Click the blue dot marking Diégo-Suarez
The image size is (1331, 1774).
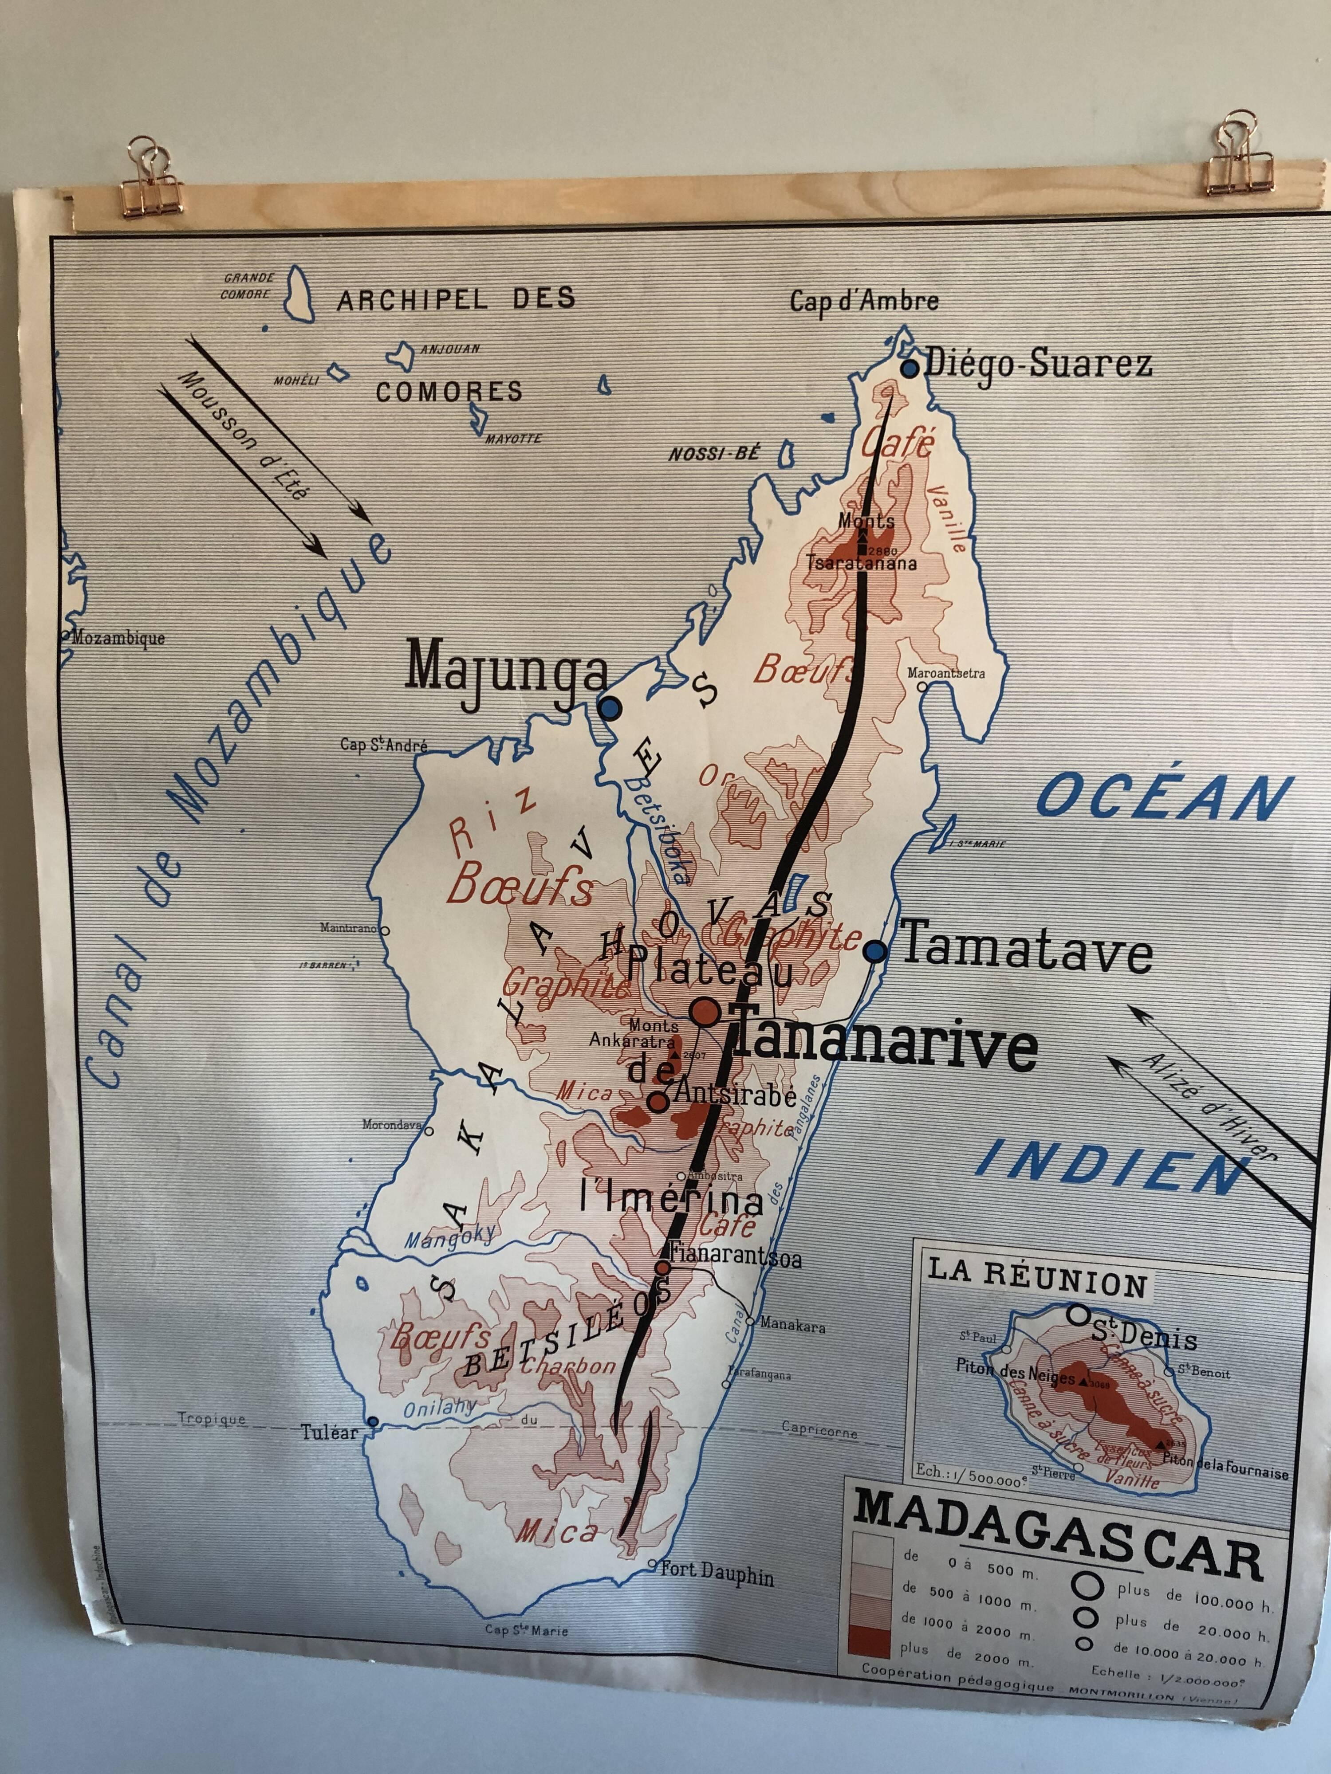point(909,369)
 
